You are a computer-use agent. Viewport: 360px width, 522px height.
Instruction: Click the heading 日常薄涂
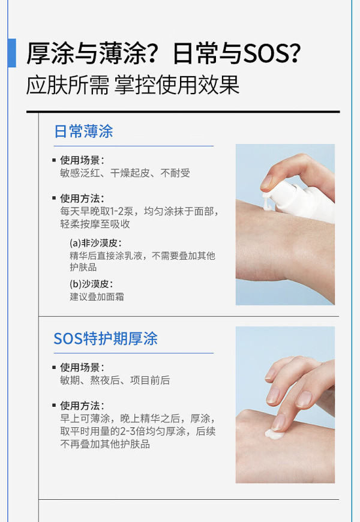click(83, 131)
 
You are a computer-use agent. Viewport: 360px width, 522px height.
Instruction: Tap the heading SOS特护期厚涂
click(106, 338)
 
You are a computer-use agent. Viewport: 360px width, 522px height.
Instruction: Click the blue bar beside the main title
click(11, 53)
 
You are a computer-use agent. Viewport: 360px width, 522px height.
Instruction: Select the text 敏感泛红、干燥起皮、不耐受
click(125, 173)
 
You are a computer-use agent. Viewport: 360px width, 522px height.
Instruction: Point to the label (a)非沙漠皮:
click(95, 243)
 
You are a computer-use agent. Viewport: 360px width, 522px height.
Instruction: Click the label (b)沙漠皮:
click(91, 284)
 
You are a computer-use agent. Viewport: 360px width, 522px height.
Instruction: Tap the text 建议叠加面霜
click(97, 296)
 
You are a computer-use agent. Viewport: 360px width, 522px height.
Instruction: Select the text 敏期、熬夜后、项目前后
click(115, 380)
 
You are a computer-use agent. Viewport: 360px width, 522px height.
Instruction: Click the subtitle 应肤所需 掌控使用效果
click(133, 85)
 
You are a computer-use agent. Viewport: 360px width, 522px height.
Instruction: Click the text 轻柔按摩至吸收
click(95, 224)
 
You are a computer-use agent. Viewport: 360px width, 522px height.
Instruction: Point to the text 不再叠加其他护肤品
click(105, 444)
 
